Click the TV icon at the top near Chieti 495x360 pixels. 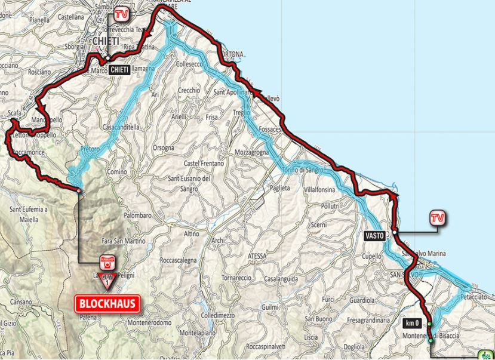click(121, 13)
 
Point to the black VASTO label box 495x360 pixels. click(375, 235)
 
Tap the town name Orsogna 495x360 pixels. click(163, 147)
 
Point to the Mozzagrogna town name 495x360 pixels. click(254, 153)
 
